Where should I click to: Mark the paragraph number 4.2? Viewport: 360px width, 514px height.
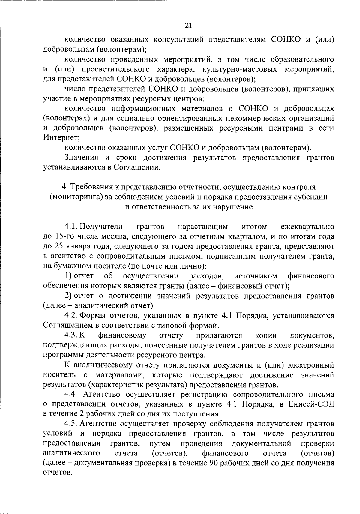[x=71, y=316]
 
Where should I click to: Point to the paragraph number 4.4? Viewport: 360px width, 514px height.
[x=71, y=394]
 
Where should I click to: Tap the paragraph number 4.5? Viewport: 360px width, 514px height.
[x=71, y=424]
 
